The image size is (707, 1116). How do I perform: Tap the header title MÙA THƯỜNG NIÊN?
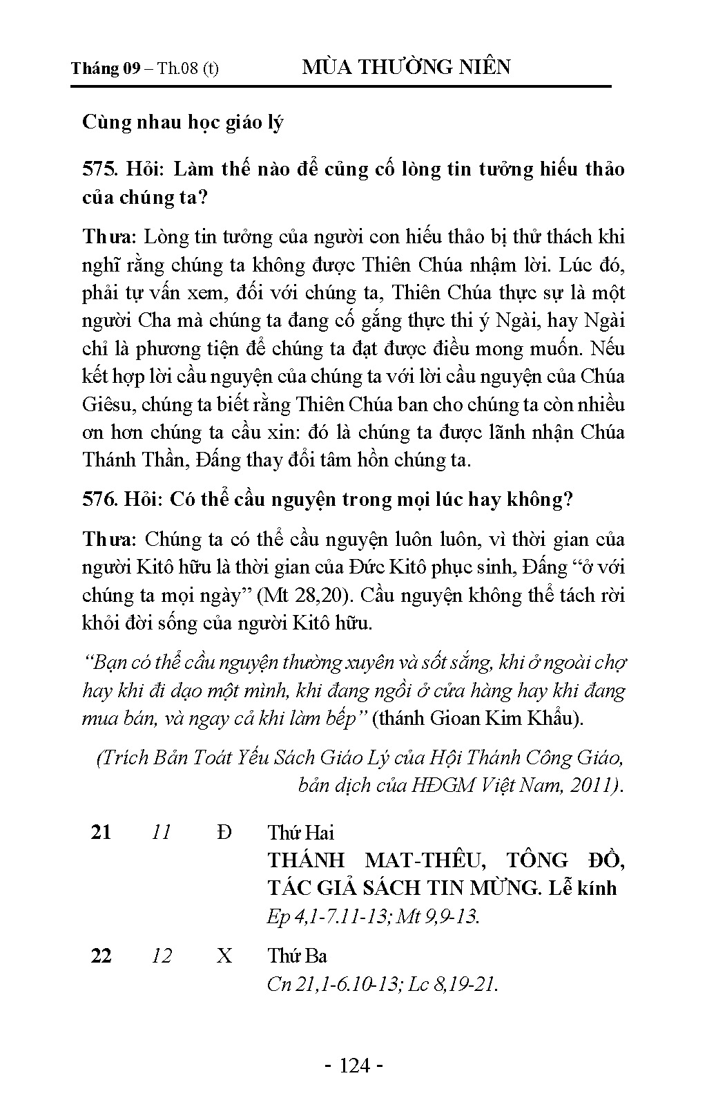point(407,67)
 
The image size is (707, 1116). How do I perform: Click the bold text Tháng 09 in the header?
point(106,68)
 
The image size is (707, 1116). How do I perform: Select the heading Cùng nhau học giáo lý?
point(183,122)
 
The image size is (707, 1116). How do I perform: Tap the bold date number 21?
point(101,832)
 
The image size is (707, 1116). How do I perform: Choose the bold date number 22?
point(101,956)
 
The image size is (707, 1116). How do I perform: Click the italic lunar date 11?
point(161,832)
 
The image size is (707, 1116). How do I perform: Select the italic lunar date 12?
point(161,956)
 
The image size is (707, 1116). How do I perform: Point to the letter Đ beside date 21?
point(224,832)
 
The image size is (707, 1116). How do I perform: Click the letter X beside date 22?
point(224,956)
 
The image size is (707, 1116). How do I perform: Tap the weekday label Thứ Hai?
point(300,832)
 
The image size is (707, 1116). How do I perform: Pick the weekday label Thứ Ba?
point(297,956)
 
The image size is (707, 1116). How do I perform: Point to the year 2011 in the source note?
point(597,786)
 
